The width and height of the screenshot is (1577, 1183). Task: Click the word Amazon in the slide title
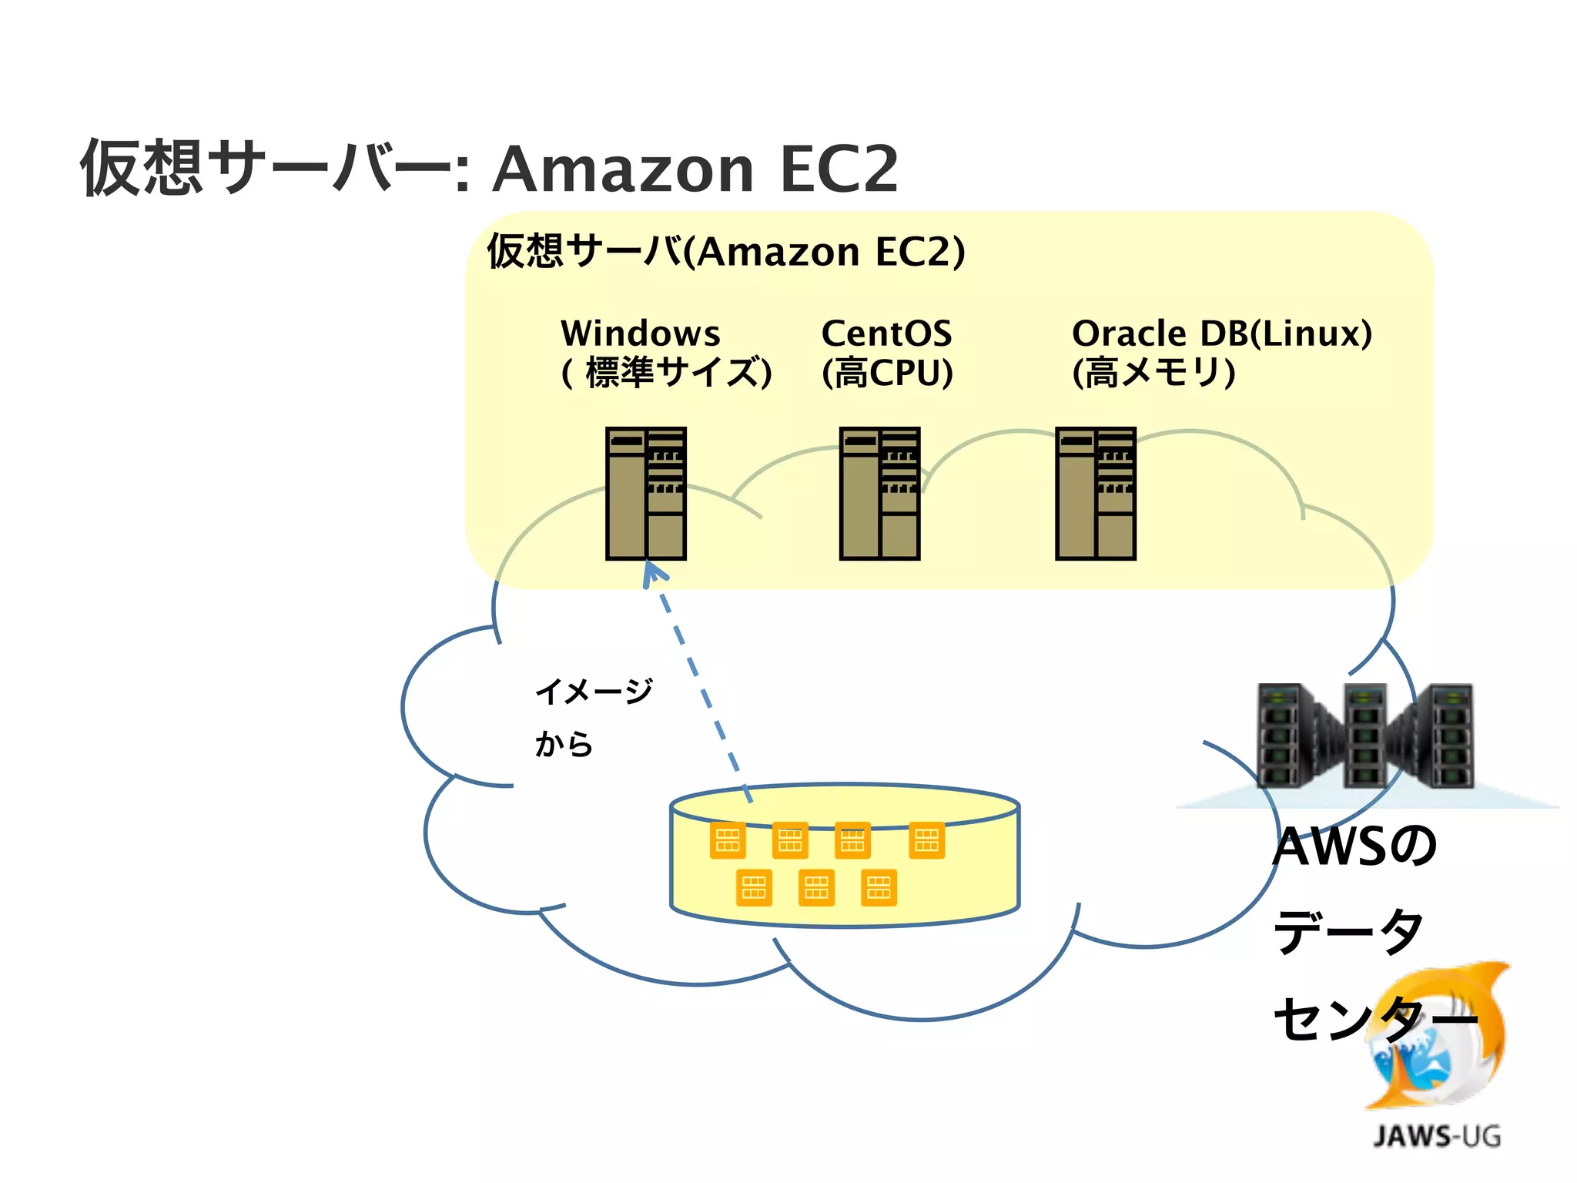click(x=622, y=169)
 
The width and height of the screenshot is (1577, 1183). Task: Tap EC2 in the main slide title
click(x=839, y=169)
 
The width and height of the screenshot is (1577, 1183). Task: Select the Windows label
click(x=640, y=333)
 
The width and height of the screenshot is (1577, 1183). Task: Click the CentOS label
click(x=886, y=333)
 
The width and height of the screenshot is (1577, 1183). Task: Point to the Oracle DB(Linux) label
click(x=1221, y=333)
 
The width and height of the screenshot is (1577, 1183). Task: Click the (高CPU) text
click(x=887, y=373)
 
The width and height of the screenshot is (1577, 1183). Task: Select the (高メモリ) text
click(x=1153, y=373)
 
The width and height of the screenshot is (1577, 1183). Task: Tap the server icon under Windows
click(x=645, y=493)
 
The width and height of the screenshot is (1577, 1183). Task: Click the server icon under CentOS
click(x=879, y=493)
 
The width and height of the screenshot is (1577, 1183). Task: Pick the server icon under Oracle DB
click(x=1095, y=493)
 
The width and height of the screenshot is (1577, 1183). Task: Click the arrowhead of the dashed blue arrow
click(x=652, y=571)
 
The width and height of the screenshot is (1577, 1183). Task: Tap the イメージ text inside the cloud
click(x=594, y=691)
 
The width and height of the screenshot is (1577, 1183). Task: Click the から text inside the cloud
click(x=564, y=744)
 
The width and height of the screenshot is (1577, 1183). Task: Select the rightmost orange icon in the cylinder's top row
click(x=926, y=840)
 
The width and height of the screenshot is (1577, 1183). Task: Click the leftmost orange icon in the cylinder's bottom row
click(x=754, y=887)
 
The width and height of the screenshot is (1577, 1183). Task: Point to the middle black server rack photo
click(x=1364, y=736)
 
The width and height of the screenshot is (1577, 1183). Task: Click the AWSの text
click(x=1354, y=846)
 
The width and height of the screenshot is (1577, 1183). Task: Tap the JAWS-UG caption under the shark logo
click(x=1436, y=1136)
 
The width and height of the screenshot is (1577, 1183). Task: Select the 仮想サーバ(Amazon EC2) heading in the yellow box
click(x=725, y=252)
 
